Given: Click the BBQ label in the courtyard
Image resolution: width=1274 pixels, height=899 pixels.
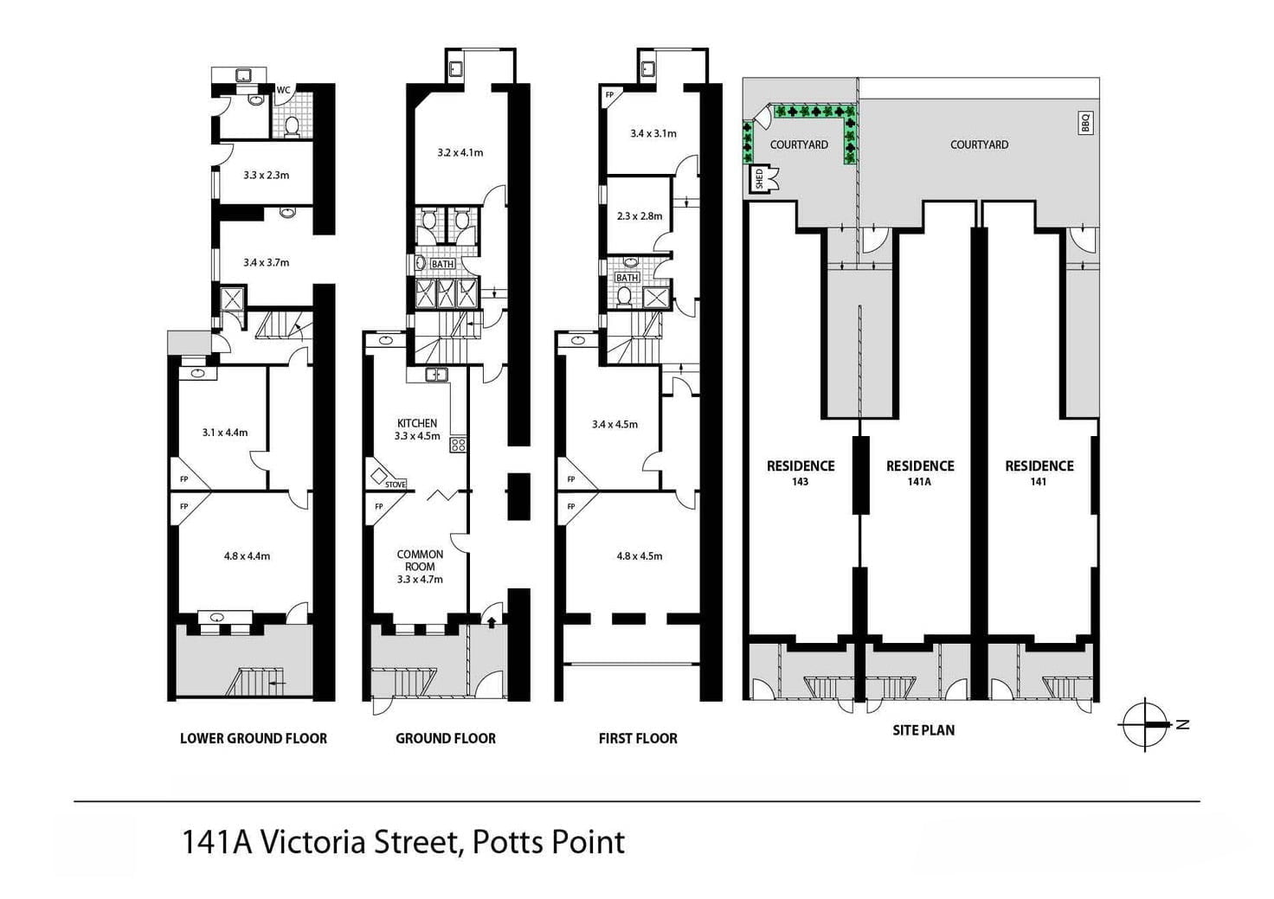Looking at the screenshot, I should click(x=1085, y=123).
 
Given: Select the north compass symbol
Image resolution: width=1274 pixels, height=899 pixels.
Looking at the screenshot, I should click(x=1147, y=723).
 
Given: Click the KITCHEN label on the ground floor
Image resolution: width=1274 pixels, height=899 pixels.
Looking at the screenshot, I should click(x=417, y=423).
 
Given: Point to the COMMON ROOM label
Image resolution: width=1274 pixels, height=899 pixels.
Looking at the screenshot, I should click(x=420, y=561).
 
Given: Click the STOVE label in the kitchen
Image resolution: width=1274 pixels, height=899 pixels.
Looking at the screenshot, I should click(x=395, y=485).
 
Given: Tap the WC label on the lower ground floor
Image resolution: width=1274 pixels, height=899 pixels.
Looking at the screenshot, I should click(x=283, y=89).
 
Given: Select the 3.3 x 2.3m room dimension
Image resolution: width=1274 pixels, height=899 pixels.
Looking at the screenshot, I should click(x=266, y=175).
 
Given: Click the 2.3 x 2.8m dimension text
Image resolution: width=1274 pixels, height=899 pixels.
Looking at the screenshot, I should click(x=639, y=216).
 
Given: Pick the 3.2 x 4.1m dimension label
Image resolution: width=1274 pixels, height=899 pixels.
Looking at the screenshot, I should click(x=460, y=152).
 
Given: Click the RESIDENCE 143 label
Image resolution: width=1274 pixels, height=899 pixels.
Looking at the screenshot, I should click(x=801, y=472).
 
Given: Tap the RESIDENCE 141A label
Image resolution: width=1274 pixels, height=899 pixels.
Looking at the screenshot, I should click(x=920, y=472).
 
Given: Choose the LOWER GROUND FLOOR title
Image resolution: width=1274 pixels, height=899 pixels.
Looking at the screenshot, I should click(x=254, y=738).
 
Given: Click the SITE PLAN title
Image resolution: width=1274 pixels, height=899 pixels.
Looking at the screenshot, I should click(x=923, y=730).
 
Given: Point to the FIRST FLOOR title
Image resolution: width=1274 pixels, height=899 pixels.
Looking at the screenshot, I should click(x=638, y=738).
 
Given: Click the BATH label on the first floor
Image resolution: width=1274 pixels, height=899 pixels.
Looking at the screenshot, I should click(x=627, y=278).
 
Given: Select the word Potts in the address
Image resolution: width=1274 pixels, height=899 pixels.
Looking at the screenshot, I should click(x=505, y=842).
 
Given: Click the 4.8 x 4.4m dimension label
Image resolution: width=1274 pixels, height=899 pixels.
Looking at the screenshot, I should click(x=247, y=555).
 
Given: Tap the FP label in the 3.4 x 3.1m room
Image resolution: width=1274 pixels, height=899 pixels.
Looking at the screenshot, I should click(x=609, y=95).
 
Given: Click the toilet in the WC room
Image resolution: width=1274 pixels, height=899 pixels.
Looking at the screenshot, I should click(x=292, y=127).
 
